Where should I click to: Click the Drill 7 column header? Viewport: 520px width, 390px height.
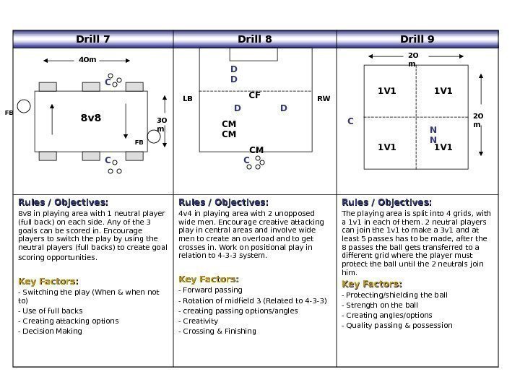click(93, 39)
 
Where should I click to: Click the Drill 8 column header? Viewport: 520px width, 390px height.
click(255, 39)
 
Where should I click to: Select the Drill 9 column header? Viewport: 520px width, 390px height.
click(417, 39)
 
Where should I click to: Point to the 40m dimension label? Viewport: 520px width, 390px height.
click(87, 61)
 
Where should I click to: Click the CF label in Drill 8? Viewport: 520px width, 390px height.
click(254, 95)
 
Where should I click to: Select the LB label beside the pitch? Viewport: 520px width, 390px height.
click(188, 98)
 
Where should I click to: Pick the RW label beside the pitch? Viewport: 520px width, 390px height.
click(323, 98)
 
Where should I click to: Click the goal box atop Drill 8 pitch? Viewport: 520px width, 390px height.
click(248, 54)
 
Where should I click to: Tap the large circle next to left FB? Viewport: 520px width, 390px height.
click(24, 107)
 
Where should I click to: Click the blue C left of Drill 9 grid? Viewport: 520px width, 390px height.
click(351, 121)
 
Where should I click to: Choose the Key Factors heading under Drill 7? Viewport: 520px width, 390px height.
click(48, 281)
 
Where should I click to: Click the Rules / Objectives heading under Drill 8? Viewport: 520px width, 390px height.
click(223, 202)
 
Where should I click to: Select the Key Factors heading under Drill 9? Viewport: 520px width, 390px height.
click(372, 284)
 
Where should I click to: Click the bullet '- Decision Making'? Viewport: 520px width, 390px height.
click(50, 331)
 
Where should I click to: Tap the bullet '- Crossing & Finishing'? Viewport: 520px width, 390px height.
click(217, 331)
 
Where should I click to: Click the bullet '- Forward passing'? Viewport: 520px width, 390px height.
click(210, 290)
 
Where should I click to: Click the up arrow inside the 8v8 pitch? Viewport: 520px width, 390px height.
click(53, 119)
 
